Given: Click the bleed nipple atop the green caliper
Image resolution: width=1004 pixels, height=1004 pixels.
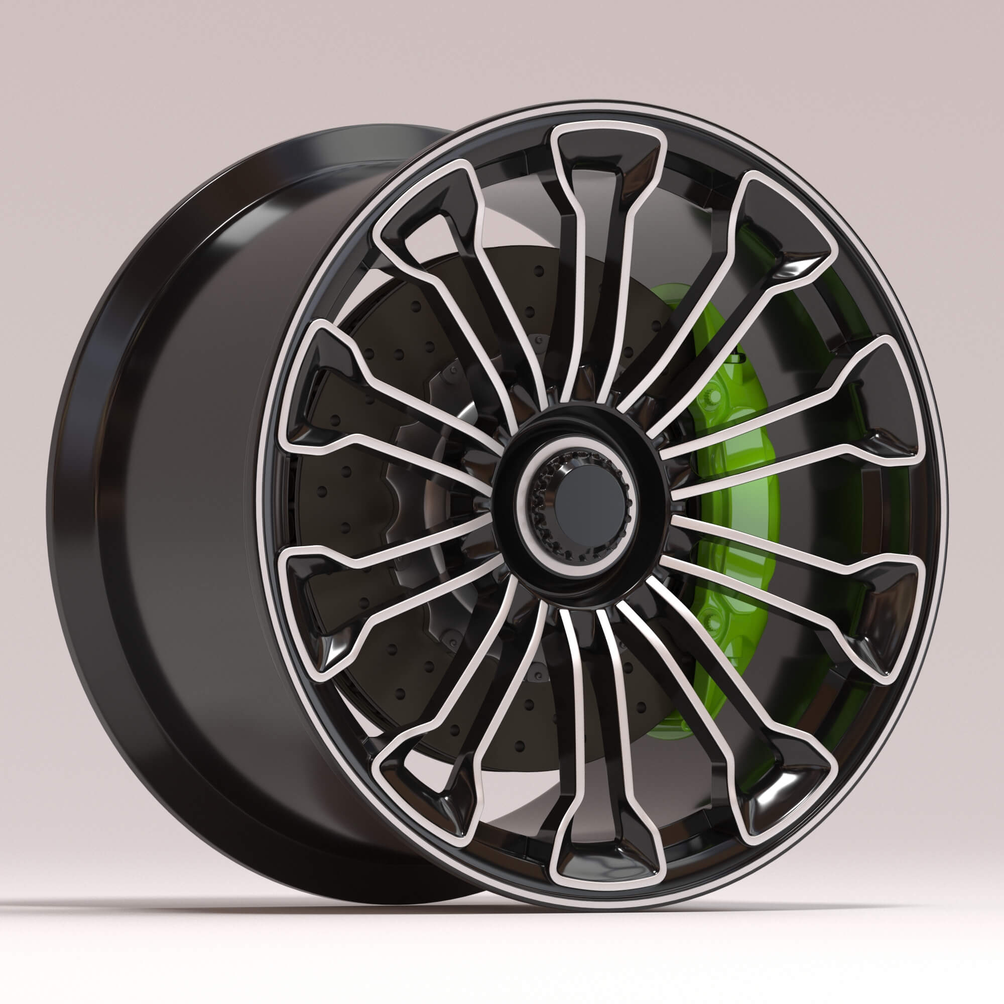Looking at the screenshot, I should tap(734, 357).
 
